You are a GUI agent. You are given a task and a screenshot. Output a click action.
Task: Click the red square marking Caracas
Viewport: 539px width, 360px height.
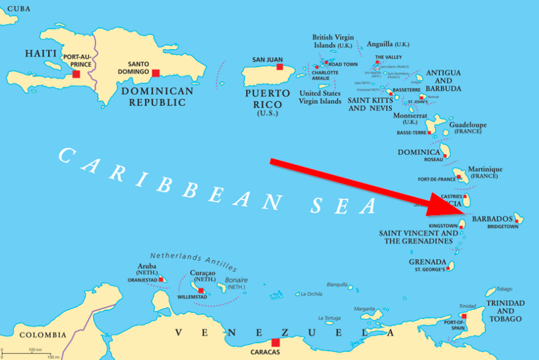[x=275, y=342]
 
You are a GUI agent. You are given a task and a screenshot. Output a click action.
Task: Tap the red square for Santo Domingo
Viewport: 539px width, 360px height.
[x=156, y=73]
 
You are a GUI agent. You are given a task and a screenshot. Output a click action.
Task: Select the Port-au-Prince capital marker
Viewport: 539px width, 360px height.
[x=76, y=74]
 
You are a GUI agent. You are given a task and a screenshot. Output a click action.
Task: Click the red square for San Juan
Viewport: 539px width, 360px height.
[x=280, y=67]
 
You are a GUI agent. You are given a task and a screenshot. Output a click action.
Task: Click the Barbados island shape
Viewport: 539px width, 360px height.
[x=518, y=218]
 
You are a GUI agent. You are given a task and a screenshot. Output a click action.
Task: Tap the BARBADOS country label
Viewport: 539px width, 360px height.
[x=492, y=218]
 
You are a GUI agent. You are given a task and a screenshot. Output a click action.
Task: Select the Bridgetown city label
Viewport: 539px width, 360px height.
[x=502, y=227]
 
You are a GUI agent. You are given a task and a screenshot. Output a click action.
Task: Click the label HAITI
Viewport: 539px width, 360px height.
[x=41, y=54]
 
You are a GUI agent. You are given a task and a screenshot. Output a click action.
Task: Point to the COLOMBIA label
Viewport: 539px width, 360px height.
[x=42, y=335]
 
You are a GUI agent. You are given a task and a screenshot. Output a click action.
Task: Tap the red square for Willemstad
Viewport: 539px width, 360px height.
[x=201, y=291]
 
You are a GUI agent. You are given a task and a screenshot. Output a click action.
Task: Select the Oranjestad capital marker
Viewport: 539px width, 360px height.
[x=161, y=279]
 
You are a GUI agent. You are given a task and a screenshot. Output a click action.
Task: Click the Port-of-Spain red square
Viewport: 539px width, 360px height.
[x=463, y=316]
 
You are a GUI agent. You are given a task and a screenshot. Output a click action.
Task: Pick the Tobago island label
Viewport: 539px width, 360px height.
[x=504, y=289]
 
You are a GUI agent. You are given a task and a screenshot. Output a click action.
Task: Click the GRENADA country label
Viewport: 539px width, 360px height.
[x=428, y=262]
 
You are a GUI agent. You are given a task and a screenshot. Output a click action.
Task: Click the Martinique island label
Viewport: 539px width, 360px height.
[x=485, y=169]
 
